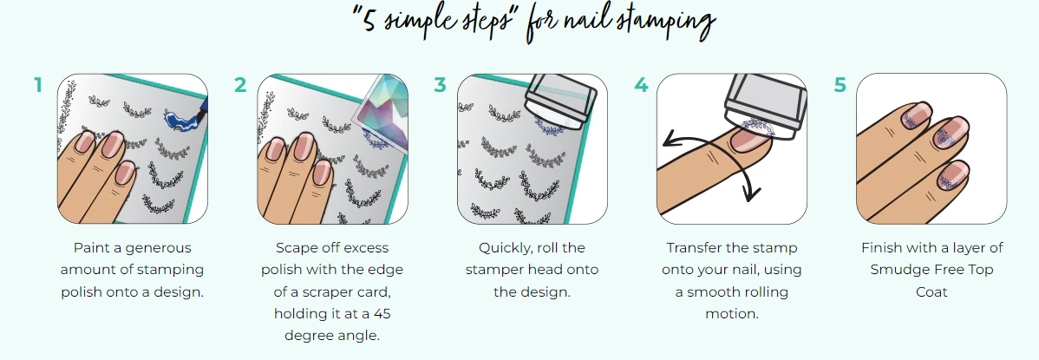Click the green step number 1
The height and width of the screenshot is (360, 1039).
click(38, 86)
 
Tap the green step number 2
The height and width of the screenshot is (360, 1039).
click(240, 86)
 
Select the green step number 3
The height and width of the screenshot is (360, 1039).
click(440, 86)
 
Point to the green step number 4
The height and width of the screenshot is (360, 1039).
click(640, 86)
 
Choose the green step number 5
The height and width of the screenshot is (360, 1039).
click(840, 86)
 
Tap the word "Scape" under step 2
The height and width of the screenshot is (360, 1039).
click(296, 248)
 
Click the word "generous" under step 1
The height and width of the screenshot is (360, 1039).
click(161, 249)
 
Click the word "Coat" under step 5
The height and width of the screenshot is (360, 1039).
click(931, 291)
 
